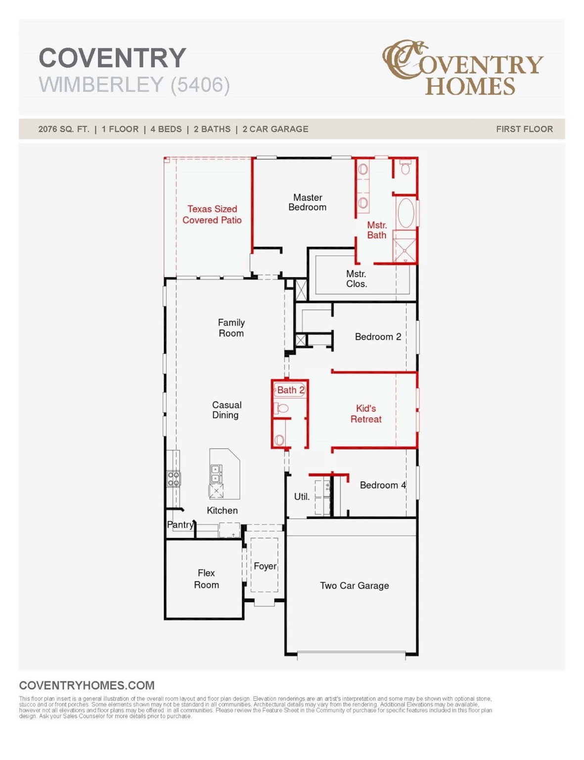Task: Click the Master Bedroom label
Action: click(307, 202)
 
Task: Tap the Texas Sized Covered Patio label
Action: click(212, 215)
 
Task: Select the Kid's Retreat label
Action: click(366, 414)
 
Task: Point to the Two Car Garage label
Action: click(354, 586)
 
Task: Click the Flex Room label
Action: click(206, 579)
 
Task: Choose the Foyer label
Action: click(265, 566)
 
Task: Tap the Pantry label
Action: click(180, 524)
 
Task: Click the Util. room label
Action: click(302, 496)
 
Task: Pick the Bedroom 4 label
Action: click(383, 485)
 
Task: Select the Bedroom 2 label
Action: click(378, 337)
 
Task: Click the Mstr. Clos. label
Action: click(356, 279)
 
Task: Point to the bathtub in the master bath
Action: click(406, 213)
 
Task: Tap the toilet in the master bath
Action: click(405, 169)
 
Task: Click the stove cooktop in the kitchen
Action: click(174, 478)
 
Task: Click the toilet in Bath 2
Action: click(282, 408)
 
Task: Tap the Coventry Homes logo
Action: click(462, 67)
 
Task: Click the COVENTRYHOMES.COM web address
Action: click(87, 685)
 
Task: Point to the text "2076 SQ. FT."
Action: click(64, 129)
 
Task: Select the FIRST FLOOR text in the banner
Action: click(524, 129)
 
